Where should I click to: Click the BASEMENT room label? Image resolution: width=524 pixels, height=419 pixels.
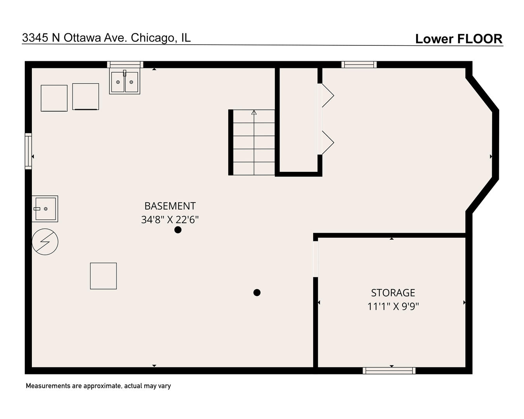point(170,206)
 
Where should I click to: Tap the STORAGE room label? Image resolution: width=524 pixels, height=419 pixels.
point(393,293)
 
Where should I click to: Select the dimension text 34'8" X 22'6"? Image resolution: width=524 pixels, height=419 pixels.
point(170,220)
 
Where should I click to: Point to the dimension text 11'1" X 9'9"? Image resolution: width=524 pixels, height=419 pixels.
point(393,306)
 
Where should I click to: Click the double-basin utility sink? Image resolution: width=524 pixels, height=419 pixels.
point(125,82)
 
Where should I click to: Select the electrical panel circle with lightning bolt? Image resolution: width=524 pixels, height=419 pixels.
point(45,242)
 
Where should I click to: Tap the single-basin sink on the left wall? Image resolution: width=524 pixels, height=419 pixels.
point(45,209)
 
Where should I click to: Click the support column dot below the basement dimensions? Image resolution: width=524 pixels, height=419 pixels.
point(178,230)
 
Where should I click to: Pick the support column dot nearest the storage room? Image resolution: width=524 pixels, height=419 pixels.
point(257,293)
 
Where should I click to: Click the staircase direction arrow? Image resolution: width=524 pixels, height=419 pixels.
point(254,113)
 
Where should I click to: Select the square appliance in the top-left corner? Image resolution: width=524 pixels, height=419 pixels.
point(54,98)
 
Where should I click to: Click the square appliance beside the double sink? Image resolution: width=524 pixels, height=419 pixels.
point(85,97)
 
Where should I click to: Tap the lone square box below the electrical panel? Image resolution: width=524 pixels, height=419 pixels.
point(103,276)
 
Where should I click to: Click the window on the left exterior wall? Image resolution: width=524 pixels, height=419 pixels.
point(28,151)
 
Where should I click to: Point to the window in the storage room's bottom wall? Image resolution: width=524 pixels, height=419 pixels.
point(389,371)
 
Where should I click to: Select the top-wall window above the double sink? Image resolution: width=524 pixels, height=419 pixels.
point(125,64)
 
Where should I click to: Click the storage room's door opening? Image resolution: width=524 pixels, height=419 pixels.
point(316,259)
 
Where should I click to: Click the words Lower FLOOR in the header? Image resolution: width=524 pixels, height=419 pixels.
point(458,39)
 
